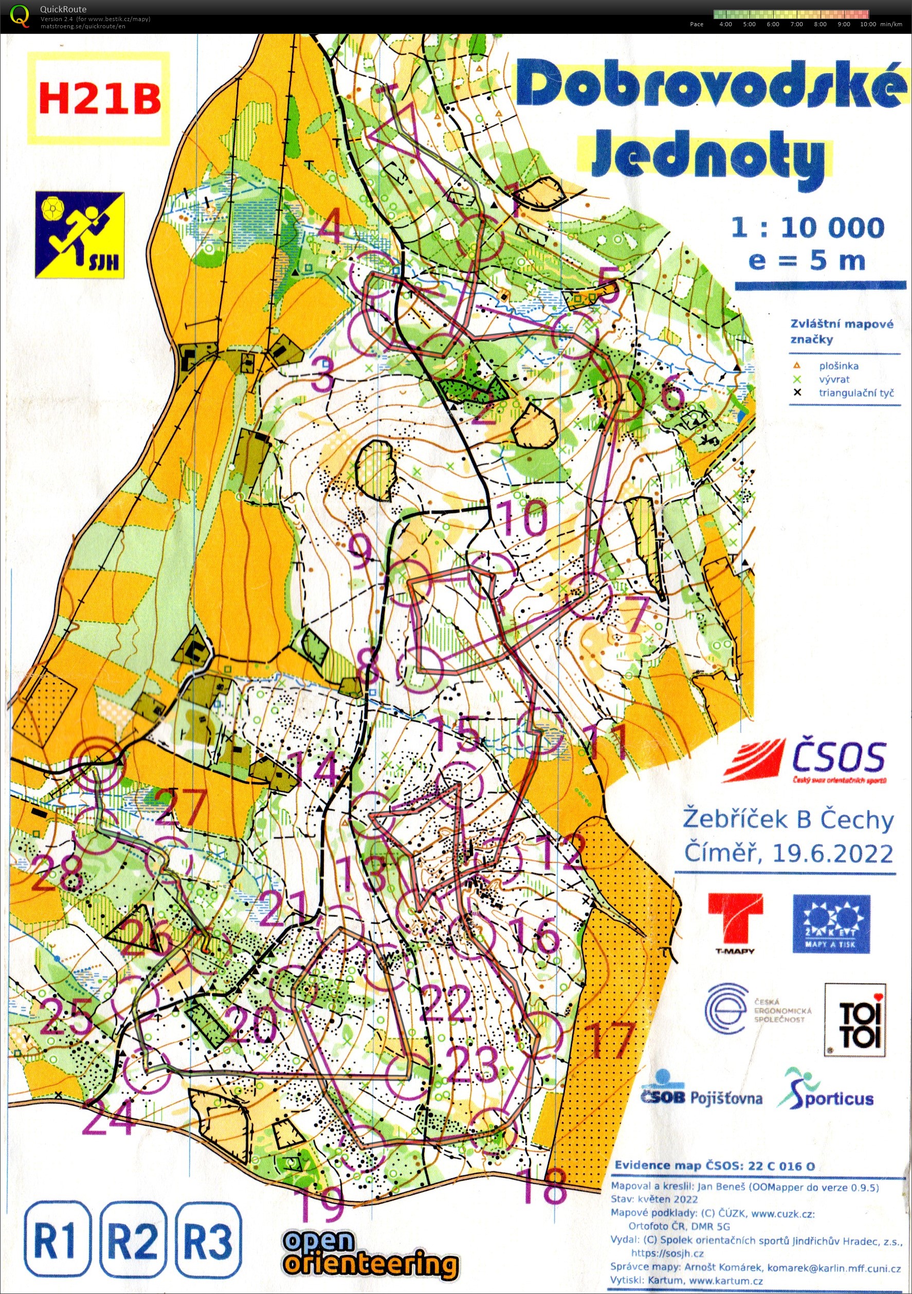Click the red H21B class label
[x=99, y=99]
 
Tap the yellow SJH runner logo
[x=79, y=236]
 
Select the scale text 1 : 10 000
[x=808, y=228]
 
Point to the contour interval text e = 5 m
[x=807, y=260]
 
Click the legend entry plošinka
[x=838, y=366]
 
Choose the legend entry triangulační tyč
[x=855, y=393]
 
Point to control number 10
[x=523, y=517]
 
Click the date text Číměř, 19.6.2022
[x=788, y=853]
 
